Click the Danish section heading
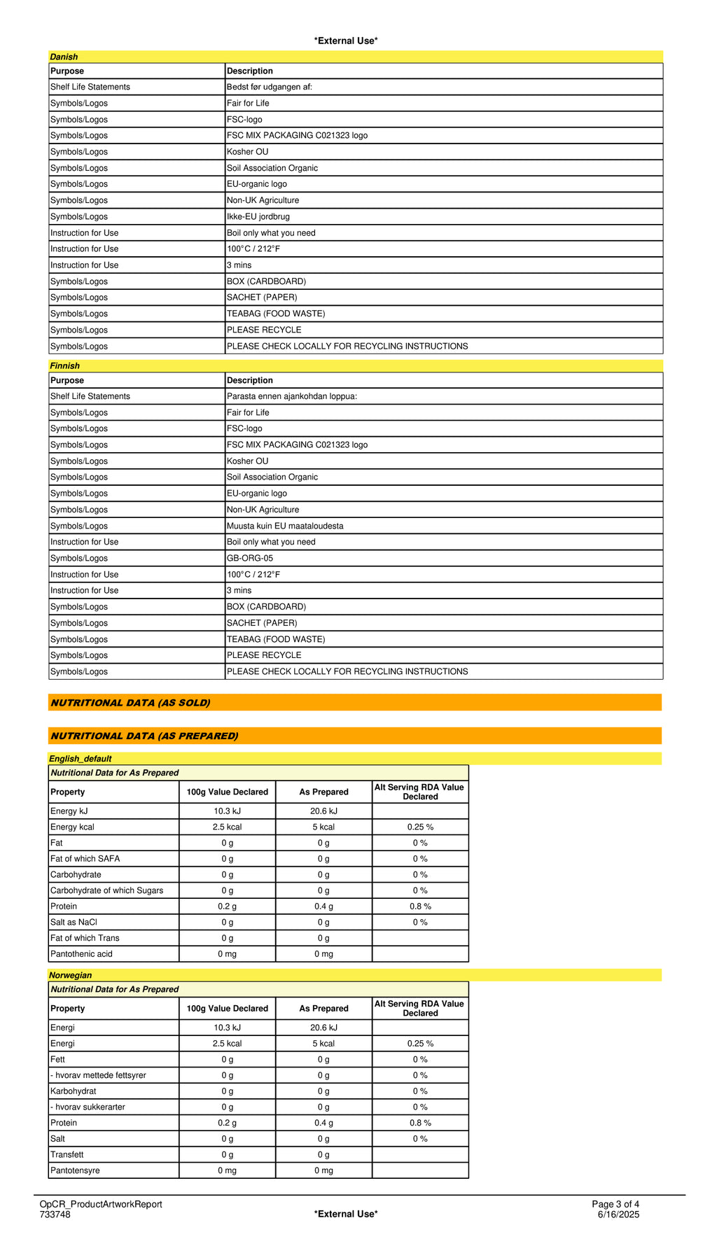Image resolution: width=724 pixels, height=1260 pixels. click(64, 57)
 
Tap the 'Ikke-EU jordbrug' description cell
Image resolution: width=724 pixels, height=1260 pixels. click(258, 216)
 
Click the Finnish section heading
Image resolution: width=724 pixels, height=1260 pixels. click(64, 365)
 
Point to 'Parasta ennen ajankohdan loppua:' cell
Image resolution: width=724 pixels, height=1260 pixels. click(292, 396)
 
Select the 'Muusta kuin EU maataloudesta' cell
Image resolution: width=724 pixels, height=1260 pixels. click(285, 526)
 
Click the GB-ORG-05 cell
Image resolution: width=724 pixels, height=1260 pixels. click(250, 558)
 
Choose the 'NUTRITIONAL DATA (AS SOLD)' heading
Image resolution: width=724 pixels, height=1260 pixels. click(130, 703)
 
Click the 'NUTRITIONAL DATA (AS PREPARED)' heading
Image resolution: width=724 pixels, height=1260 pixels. click(144, 736)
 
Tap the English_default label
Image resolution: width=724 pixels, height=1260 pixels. click(80, 758)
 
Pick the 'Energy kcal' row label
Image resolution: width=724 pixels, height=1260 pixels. click(72, 827)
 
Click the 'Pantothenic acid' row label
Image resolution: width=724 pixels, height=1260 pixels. click(81, 953)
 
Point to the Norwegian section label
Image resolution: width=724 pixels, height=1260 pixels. click(70, 974)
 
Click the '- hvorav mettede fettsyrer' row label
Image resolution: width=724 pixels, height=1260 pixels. click(98, 1074)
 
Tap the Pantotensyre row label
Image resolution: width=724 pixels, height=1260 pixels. click(75, 1170)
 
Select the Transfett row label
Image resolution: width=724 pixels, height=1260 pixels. click(67, 1154)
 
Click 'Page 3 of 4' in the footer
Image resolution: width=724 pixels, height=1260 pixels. click(615, 1204)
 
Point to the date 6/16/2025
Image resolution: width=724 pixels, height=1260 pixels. click(618, 1214)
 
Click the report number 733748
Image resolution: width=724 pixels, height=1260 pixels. click(55, 1214)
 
